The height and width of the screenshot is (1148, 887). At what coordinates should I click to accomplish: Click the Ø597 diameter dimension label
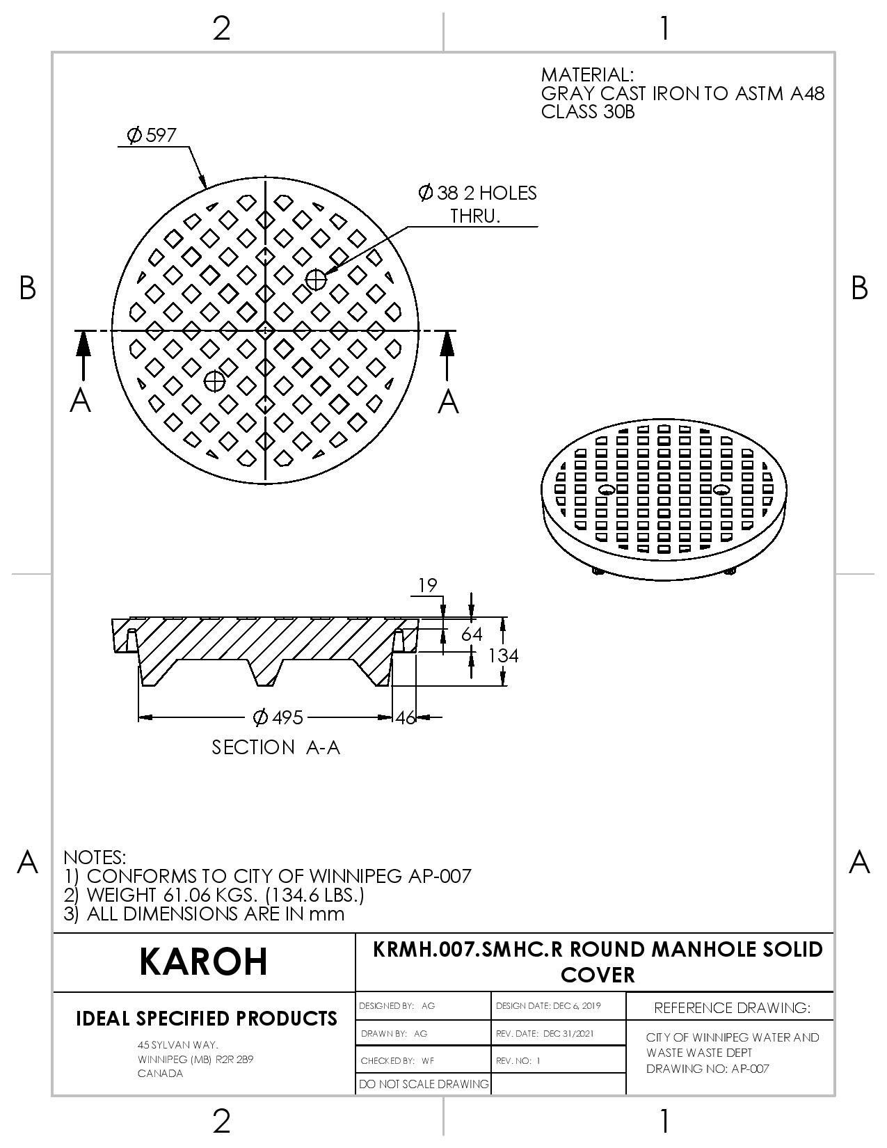pos(152,135)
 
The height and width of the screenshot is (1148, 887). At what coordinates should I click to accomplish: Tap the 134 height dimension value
pos(503,655)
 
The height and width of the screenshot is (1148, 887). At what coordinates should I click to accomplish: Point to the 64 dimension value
pos(471,634)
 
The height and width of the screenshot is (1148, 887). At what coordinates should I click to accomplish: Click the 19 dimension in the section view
pos(428,585)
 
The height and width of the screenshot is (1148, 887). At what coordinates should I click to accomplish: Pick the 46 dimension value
pos(406,717)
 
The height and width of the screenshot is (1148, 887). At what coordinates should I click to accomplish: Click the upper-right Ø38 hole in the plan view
pos(316,280)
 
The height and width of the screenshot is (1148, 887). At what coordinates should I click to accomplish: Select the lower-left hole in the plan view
pos(214,381)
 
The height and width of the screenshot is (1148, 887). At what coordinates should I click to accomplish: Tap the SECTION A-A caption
pos(275,747)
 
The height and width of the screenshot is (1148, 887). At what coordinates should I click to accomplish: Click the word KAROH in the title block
pos(203,962)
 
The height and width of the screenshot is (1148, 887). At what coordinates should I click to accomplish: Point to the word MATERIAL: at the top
pos(587,74)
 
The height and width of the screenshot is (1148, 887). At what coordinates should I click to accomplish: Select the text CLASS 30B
pos(587,112)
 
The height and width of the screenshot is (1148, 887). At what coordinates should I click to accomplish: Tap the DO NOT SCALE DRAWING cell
pos(424,1084)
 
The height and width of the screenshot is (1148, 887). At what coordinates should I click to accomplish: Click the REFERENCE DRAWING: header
pos(732,1008)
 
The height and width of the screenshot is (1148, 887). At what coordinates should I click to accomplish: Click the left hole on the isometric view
pos(605,489)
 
